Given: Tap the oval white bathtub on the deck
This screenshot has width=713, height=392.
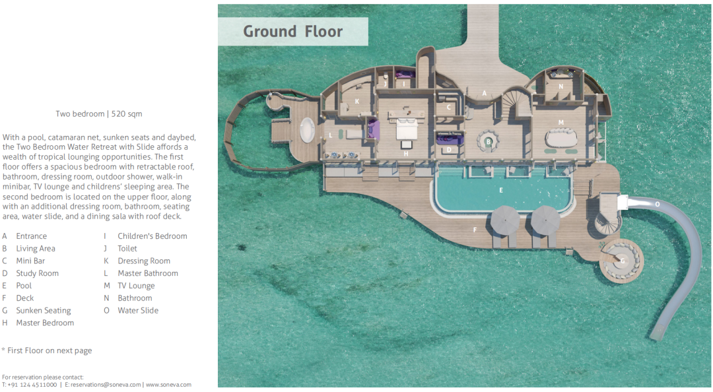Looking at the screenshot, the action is point(308,130).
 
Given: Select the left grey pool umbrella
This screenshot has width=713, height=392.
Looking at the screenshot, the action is point(505,220).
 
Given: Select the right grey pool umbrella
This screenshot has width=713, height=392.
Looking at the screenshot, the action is point(545,220).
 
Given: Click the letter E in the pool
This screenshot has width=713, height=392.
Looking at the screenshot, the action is point(501,190).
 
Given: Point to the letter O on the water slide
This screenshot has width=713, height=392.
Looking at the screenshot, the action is point(657,204).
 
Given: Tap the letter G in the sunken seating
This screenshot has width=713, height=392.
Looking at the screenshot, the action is point(623,261).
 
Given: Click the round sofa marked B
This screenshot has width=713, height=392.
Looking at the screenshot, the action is point(489,141).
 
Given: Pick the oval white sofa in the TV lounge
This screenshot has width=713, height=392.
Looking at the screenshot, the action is point(561,137).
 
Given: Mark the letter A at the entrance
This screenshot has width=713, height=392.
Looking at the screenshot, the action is point(485,93).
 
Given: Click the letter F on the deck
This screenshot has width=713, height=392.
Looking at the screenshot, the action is point(475,230).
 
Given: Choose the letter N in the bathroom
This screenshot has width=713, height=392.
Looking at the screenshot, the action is point(560,86).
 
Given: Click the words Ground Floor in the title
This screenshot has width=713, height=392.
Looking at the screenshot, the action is point(293,32).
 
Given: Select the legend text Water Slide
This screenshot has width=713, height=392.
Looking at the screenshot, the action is point(138,311).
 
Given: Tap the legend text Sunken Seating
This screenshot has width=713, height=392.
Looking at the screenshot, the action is point(44,311).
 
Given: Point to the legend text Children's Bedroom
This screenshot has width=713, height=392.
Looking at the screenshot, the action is point(153,236).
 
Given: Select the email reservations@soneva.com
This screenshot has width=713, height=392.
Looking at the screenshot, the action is point(103,385).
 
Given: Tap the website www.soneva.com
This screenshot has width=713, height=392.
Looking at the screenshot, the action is point(168,385).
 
